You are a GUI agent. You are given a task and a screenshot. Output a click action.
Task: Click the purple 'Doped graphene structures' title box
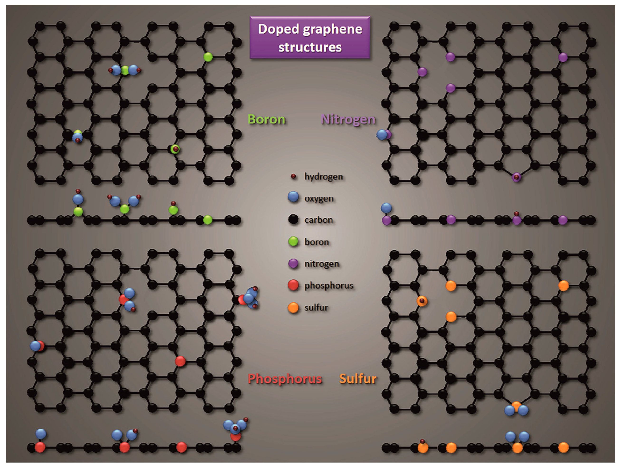click(x=310, y=38)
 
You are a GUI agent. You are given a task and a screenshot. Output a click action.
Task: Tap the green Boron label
click(x=267, y=119)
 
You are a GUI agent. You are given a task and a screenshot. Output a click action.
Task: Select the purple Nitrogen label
click(x=348, y=119)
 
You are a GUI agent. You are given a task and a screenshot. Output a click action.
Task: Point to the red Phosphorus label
click(x=285, y=379)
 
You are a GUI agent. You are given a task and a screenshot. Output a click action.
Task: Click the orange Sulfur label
click(x=358, y=379)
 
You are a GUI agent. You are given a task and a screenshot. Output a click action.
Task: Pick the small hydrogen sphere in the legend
click(x=293, y=177)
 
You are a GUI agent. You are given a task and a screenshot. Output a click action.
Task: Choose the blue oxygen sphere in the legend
click(x=293, y=197)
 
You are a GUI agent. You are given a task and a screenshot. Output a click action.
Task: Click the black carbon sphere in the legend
click(x=293, y=219)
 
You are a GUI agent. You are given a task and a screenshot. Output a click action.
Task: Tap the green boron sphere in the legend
click(x=293, y=241)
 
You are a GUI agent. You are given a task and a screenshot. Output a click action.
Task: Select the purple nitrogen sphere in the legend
click(x=293, y=263)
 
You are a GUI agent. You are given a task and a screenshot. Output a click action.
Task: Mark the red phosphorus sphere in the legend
click(x=293, y=285)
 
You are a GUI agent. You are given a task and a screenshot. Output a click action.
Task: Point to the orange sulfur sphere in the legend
click(x=293, y=307)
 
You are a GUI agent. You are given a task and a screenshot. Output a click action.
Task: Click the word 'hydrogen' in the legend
click(x=323, y=177)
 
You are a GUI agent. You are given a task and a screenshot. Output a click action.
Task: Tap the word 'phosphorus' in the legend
click(x=329, y=285)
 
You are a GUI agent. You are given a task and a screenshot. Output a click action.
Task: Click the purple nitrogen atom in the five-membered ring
click(x=517, y=177)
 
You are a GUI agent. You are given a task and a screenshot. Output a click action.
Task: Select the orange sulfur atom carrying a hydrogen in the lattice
click(x=422, y=301)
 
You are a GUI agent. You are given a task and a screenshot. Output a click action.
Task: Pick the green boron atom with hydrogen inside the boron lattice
click(x=175, y=149)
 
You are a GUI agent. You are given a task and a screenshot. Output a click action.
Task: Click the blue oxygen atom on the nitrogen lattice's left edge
click(x=382, y=135)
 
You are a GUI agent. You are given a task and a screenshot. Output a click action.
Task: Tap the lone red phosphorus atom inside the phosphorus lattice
click(x=180, y=361)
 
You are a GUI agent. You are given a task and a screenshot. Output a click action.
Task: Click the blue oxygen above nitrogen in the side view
click(x=386, y=208)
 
